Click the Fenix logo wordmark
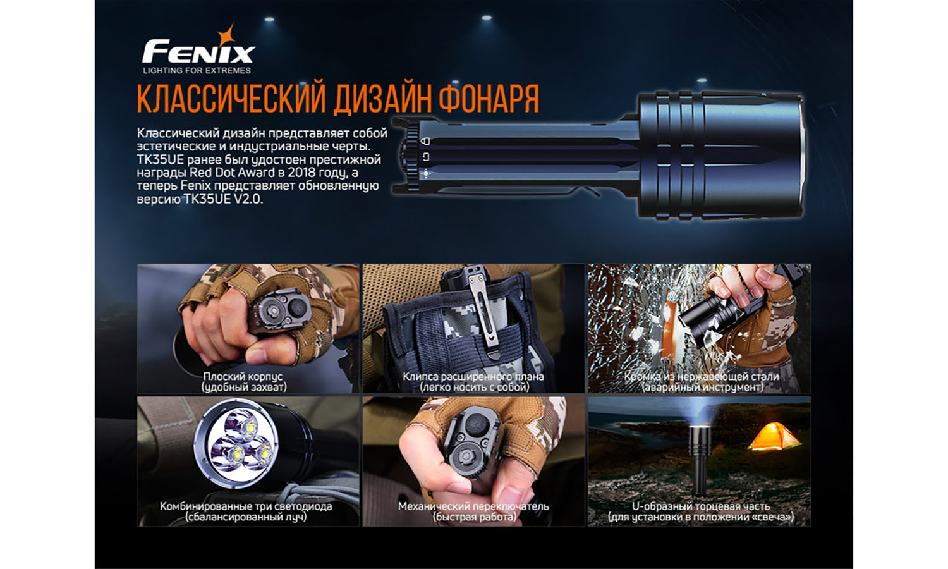198,52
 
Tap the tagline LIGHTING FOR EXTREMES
197,71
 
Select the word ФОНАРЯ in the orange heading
489,99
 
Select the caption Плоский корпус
243,376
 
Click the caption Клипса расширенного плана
473,376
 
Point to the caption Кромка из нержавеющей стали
702,376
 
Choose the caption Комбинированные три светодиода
246,506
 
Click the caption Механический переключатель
473,506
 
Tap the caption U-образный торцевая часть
701,506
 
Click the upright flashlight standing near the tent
699,458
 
